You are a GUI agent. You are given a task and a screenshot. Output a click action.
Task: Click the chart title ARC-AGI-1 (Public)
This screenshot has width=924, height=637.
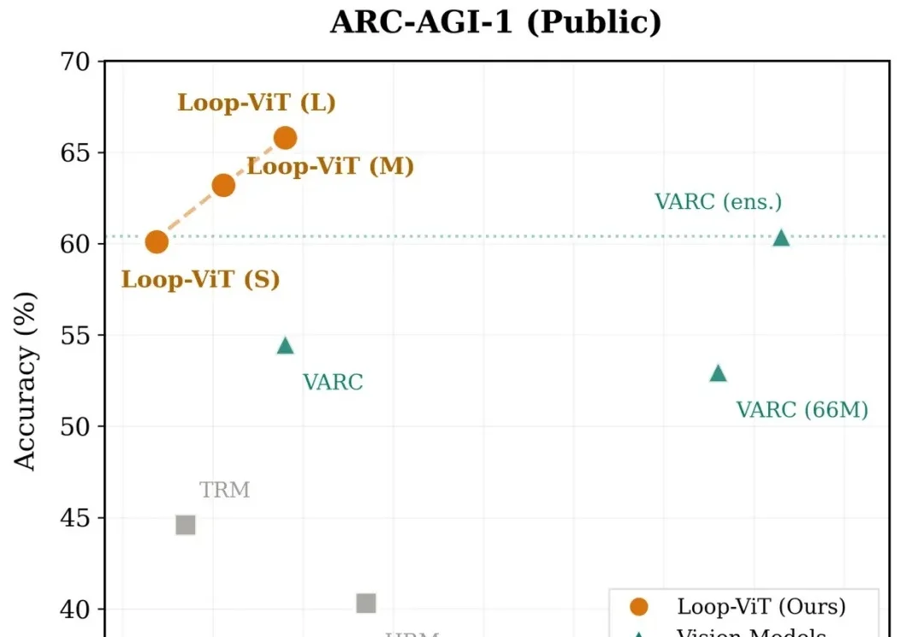tap(495, 23)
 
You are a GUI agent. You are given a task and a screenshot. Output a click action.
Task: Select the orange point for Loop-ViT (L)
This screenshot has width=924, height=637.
tap(285, 137)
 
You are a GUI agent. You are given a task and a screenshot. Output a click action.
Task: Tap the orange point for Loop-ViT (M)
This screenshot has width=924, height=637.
tap(223, 185)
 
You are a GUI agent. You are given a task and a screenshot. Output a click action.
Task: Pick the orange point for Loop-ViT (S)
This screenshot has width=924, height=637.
tap(157, 242)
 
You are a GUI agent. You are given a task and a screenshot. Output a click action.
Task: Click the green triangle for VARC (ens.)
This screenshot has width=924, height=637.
tap(781, 238)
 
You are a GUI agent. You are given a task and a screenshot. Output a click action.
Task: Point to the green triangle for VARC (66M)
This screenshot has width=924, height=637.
tap(718, 373)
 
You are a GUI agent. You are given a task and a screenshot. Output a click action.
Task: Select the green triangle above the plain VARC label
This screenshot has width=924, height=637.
tap(285, 346)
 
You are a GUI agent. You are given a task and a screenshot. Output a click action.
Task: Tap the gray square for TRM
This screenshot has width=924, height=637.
tap(186, 525)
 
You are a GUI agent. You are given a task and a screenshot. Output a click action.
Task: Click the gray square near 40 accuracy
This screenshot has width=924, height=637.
tap(366, 604)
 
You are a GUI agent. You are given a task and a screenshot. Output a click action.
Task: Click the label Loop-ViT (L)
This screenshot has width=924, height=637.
tap(257, 104)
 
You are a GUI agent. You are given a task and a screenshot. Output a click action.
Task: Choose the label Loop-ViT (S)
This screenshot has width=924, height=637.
tap(201, 279)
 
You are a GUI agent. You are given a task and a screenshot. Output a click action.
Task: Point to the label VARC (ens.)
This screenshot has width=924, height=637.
tap(719, 202)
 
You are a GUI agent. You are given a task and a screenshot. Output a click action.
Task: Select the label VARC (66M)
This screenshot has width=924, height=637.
tap(803, 410)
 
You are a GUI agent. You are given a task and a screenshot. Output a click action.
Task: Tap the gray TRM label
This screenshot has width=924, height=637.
tap(225, 491)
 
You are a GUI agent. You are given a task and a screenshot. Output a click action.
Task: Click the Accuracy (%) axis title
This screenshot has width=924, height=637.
tap(27, 381)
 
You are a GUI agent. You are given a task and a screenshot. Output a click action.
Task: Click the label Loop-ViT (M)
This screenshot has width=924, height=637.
tap(331, 166)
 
